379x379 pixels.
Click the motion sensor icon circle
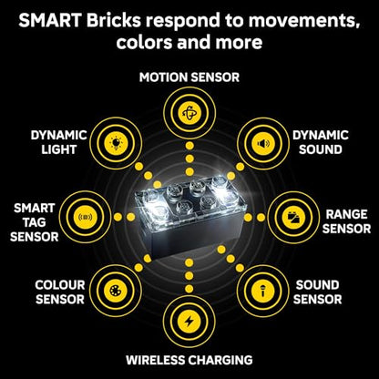pyautogui.click(x=189, y=113)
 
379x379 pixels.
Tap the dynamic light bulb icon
pyautogui.click(x=116, y=143)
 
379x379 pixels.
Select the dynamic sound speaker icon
pyautogui.click(x=263, y=143)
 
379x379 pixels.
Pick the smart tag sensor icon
pyautogui.click(x=86, y=217)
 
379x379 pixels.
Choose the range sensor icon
pyautogui.click(x=293, y=218)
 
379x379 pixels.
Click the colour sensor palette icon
pyautogui.click(x=116, y=291)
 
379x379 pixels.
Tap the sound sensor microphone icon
pyautogui.click(x=263, y=291)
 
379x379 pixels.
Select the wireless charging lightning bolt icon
pyautogui.click(x=189, y=322)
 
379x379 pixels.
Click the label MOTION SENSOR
pyautogui.click(x=189, y=77)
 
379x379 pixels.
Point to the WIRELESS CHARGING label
pyautogui.click(x=189, y=360)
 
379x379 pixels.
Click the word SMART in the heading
pyautogui.click(x=50, y=21)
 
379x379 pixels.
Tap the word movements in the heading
pyautogui.click(x=304, y=22)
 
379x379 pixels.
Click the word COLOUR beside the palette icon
pyautogui.click(x=60, y=285)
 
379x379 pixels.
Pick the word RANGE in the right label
pyautogui.click(x=346, y=214)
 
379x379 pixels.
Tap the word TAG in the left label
pyautogui.click(x=34, y=222)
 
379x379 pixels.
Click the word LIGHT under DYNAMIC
pyautogui.click(x=59, y=149)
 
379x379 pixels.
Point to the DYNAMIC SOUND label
pyautogui.click(x=321, y=142)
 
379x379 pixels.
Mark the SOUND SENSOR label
pyautogui.click(x=317, y=292)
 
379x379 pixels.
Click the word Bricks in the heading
pyautogui.click(x=114, y=21)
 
